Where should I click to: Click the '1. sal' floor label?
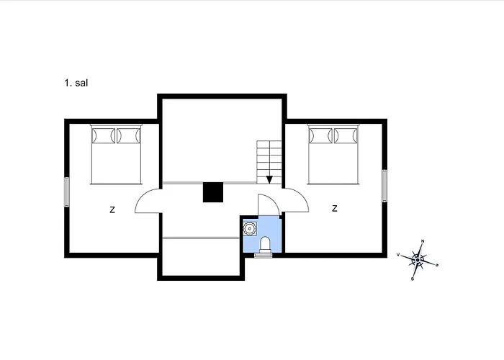(76, 83)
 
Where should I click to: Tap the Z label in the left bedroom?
(112, 210)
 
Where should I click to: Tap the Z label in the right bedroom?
(335, 209)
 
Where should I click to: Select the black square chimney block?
(213, 192)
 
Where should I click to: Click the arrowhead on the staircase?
(269, 180)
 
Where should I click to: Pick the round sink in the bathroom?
(249, 228)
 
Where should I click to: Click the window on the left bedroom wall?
(67, 192)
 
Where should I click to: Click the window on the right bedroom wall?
(384, 186)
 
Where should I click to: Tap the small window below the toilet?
(264, 255)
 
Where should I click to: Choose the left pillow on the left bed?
(103, 135)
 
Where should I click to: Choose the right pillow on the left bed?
(128, 135)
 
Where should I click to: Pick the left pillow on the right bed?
(320, 135)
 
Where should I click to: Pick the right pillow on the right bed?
(346, 135)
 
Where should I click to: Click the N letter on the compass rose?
(423, 241)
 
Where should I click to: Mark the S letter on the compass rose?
(413, 279)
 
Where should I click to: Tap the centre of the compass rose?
(418, 260)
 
